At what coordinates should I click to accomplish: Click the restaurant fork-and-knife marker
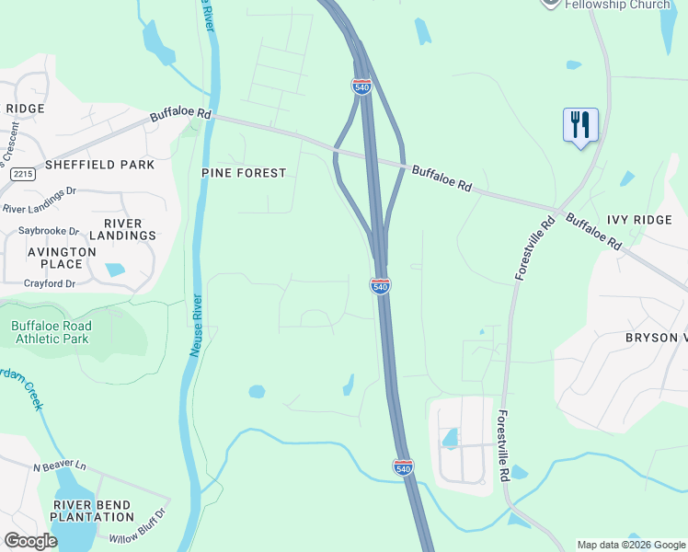tap(580, 124)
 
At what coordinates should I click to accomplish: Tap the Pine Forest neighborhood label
tap(245, 173)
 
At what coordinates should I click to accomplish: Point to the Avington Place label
tap(62, 258)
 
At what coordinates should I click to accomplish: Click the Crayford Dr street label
tap(48, 283)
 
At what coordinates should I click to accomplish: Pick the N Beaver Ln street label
tap(59, 467)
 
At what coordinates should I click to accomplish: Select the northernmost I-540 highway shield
tap(361, 86)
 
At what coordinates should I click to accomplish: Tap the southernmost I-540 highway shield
tap(403, 467)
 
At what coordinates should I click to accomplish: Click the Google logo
tap(31, 541)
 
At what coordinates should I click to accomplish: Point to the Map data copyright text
tap(630, 545)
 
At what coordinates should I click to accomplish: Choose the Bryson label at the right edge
tap(656, 338)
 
